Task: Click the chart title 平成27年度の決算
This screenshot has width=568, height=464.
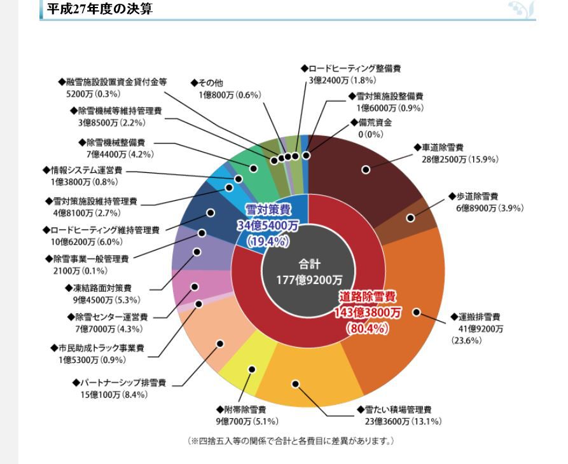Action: click(x=100, y=9)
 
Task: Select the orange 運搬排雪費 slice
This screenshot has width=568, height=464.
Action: click(x=407, y=305)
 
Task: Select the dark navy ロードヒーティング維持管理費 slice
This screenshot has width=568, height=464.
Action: click(x=204, y=213)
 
